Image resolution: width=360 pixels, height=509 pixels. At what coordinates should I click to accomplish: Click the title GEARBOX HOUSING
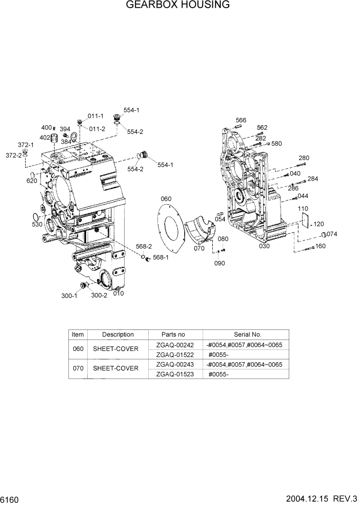(178, 6)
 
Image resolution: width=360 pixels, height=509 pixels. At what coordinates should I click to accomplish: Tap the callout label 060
(166, 199)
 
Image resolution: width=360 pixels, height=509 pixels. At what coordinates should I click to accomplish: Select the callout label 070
(200, 248)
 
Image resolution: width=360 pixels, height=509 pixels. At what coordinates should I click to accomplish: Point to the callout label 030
(264, 246)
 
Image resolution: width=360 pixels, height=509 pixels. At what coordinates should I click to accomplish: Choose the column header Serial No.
(248, 335)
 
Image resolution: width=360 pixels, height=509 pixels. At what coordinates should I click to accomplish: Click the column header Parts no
(173, 335)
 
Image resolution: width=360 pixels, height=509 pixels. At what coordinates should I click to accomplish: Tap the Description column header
(117, 335)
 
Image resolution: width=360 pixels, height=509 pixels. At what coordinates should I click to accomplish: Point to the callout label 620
(31, 181)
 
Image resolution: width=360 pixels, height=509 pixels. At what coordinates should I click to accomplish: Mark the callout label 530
(37, 224)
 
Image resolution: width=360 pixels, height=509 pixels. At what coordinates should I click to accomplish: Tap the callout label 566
(241, 121)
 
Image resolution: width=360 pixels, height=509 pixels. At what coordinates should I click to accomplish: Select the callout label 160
(321, 246)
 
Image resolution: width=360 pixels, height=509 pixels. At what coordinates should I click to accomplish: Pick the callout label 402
(45, 138)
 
